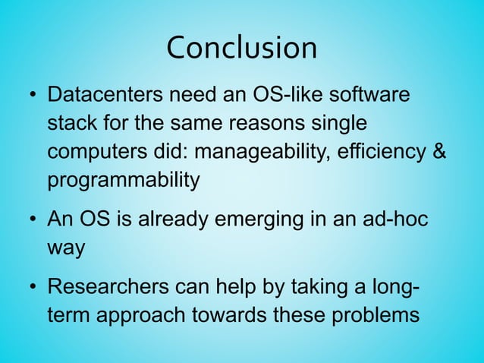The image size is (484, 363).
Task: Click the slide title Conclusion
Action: click(241, 48)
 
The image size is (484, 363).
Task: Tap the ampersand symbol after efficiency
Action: click(438, 152)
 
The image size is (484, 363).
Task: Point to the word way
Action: click(66, 248)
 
